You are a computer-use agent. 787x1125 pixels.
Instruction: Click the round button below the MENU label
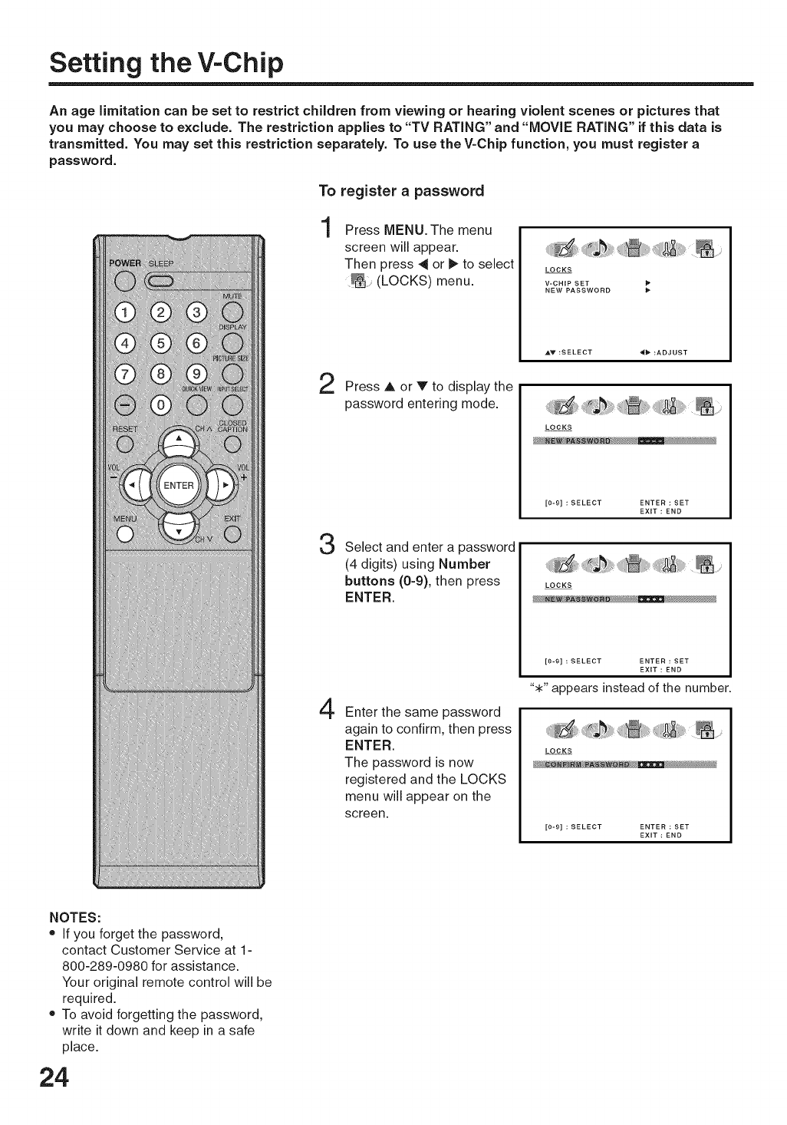click(x=125, y=536)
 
